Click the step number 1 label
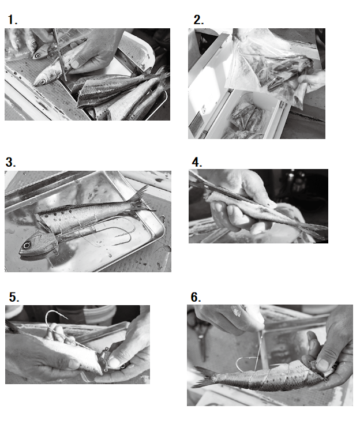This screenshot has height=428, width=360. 12,20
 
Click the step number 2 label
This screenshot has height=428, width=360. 198,20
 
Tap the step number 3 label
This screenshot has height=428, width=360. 10,162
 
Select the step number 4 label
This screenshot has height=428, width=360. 197,162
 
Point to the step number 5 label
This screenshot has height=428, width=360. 14,297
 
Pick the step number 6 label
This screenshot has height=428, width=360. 196,297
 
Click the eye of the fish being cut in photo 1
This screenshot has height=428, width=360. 43,81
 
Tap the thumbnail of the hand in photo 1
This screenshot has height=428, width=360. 75,64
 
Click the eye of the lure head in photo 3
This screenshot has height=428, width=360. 27,245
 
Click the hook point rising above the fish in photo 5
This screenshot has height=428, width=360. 66,317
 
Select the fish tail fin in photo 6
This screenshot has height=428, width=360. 202,377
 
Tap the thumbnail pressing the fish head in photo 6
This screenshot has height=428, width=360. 323,365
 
